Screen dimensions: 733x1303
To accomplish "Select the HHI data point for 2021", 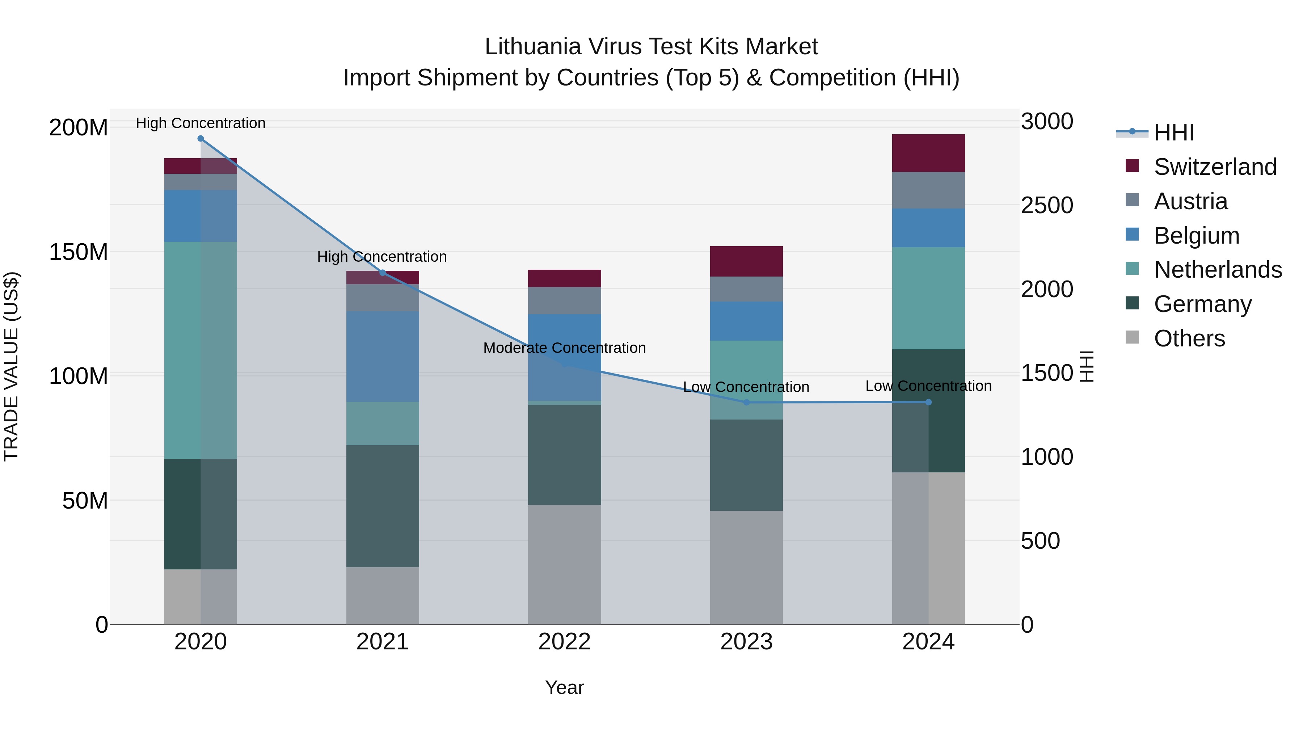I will [383, 273].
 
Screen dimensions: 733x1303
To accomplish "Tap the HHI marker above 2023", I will [747, 402].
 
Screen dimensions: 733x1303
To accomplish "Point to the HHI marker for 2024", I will [928, 402].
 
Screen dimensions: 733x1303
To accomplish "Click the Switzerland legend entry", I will [1215, 167].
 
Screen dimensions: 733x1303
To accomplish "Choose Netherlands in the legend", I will [1218, 270].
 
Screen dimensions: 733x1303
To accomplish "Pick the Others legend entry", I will [1189, 338].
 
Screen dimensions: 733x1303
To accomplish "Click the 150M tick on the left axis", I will [79, 252].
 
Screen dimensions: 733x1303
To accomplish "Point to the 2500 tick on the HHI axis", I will [1046, 205].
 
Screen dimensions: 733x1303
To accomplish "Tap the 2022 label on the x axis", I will [565, 642].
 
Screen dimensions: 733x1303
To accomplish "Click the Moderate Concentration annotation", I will [565, 348].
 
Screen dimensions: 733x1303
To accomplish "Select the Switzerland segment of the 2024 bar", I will [928, 153].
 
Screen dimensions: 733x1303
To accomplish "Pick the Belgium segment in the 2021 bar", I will [383, 357].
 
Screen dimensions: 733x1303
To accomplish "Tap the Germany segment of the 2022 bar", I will [565, 455].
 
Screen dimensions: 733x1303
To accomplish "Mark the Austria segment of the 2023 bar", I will [747, 289].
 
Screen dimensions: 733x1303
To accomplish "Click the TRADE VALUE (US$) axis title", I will [11, 366].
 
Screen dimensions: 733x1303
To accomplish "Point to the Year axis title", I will [565, 687].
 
